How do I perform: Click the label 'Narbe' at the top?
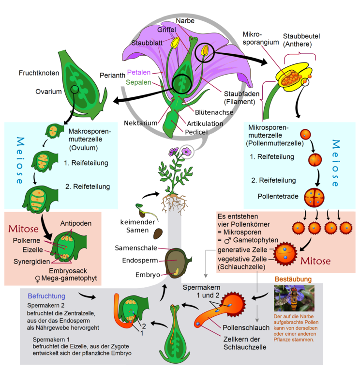click(185, 21)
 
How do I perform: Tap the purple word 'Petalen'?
click(137, 73)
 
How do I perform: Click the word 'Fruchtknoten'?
click(39, 73)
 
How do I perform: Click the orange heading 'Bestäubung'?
click(293, 279)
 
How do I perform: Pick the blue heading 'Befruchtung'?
click(46, 295)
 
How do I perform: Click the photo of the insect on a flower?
click(294, 298)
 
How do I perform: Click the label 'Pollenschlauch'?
click(246, 327)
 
